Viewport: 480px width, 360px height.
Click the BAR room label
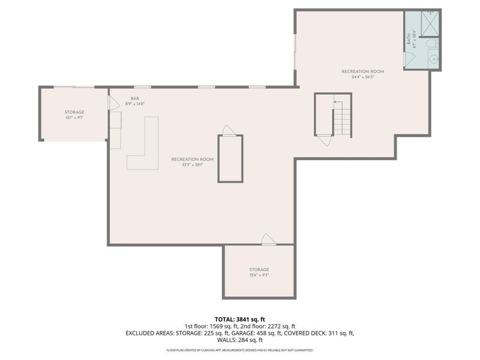click(135, 98)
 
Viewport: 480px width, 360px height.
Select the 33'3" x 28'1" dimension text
click(192, 165)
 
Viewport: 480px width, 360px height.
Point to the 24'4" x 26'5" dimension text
click(362, 77)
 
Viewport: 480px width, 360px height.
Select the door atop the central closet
click(228, 130)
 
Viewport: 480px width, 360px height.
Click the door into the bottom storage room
click(269, 239)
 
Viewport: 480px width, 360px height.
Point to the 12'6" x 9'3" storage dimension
click(259, 275)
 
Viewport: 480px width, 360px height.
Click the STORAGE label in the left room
click(74, 112)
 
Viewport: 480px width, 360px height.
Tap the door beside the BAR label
click(112, 103)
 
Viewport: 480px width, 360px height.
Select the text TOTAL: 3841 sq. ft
click(240, 319)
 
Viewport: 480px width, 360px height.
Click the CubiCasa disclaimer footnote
click(240, 349)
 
